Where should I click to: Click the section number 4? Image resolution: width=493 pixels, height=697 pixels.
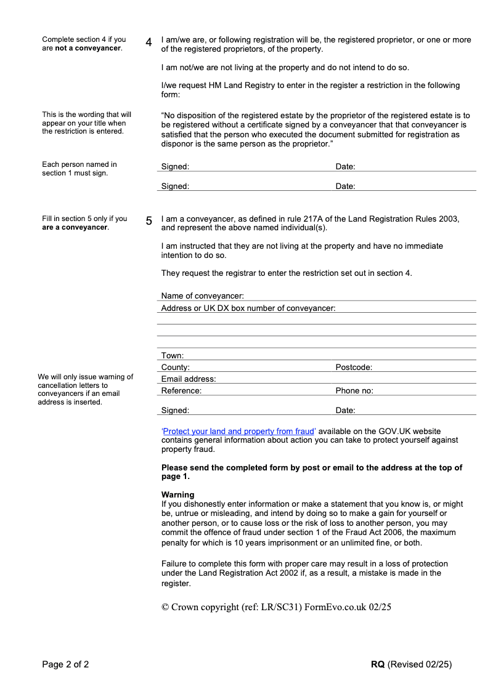coord(149,42)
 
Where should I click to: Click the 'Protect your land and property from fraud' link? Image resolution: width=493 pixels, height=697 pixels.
coord(238,432)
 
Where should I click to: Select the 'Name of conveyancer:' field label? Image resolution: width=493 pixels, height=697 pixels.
coord(202,296)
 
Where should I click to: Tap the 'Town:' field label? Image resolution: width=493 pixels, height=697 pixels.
coord(173,356)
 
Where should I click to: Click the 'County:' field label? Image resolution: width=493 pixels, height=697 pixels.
coord(175,368)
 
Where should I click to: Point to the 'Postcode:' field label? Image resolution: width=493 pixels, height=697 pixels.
coord(354,368)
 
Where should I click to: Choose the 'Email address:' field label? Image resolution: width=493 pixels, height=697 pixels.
coord(189,379)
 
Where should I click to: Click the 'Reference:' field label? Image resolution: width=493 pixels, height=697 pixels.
coord(181,391)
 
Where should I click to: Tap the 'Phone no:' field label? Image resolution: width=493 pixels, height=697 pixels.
coord(354,391)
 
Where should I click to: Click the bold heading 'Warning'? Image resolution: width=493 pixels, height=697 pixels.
coord(177,495)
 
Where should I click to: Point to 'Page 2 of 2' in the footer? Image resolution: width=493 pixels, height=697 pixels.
coord(65,664)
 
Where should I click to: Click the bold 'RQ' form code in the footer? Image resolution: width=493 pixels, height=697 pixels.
coord(378,664)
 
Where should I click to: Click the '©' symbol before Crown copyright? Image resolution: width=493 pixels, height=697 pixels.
coord(165,607)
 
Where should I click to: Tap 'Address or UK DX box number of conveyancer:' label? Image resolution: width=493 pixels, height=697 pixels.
coord(248,308)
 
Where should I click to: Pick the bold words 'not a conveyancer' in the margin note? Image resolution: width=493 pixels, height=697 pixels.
coord(88,48)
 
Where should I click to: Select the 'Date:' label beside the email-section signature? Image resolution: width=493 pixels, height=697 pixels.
coord(345,411)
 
